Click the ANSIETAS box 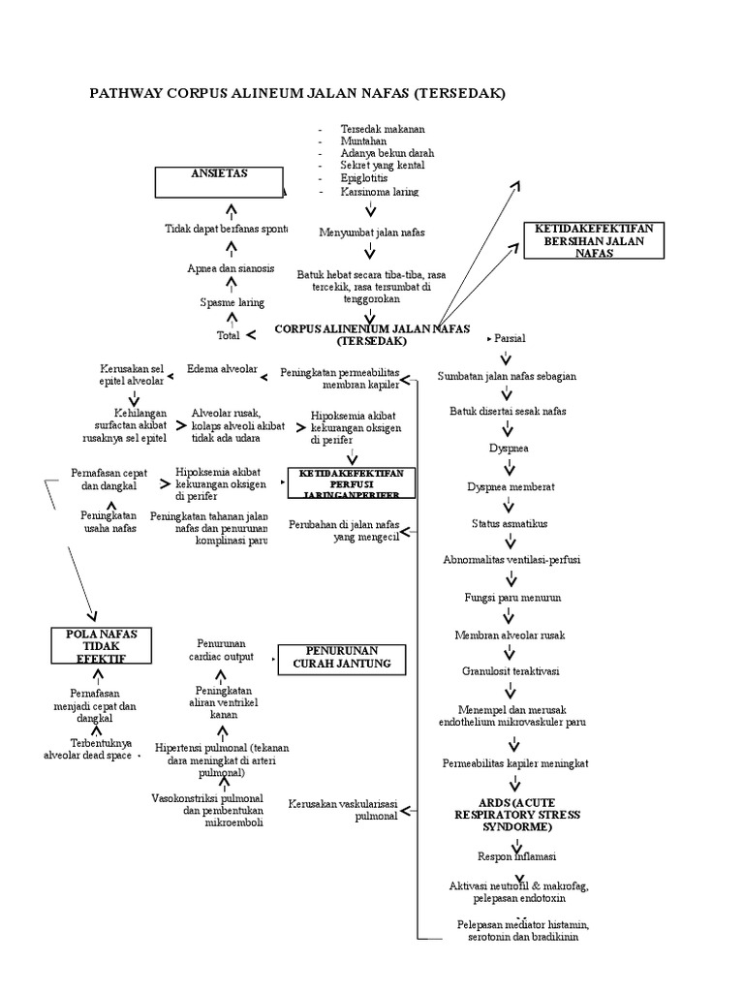(x=219, y=180)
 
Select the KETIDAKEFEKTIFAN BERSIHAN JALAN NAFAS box (x=593, y=239)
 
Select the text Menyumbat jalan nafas (x=371, y=232)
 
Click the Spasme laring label (x=232, y=303)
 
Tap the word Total (x=229, y=336)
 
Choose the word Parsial (x=510, y=340)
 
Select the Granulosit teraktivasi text (x=510, y=670)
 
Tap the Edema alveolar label (x=222, y=369)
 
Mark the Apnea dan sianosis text (x=231, y=268)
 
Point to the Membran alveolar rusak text (x=510, y=635)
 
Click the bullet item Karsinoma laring (x=380, y=192)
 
